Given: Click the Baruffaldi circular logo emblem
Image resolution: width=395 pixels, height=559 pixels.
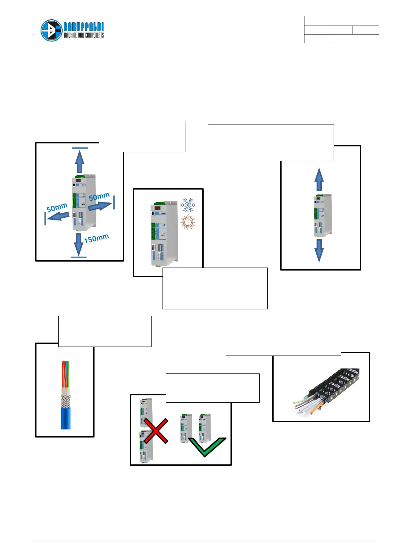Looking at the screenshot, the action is tap(51, 30).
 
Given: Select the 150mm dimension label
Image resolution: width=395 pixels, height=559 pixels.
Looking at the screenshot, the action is tap(96, 238).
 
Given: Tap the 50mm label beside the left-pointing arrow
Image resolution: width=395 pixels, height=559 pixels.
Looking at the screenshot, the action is tap(57, 208).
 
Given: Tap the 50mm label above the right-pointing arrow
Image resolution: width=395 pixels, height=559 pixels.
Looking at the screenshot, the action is tap(99, 197).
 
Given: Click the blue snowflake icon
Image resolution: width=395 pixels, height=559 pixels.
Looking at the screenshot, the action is tap(188, 205).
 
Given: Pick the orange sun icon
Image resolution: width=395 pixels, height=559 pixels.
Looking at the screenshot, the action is tap(188, 222).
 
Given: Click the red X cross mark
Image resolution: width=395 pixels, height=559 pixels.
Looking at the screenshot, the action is tap(155, 431).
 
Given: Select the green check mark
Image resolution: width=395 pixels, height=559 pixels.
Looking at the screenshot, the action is tap(207, 447).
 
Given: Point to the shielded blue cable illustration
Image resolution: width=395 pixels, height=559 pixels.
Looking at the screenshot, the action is tap(66, 395).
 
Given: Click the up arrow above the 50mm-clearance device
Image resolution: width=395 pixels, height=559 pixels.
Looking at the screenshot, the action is tap(79, 161).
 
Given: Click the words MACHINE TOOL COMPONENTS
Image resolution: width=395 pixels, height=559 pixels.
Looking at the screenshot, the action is tap(84, 35).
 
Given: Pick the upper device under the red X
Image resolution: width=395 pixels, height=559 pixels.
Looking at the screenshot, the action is tap(146, 412).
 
